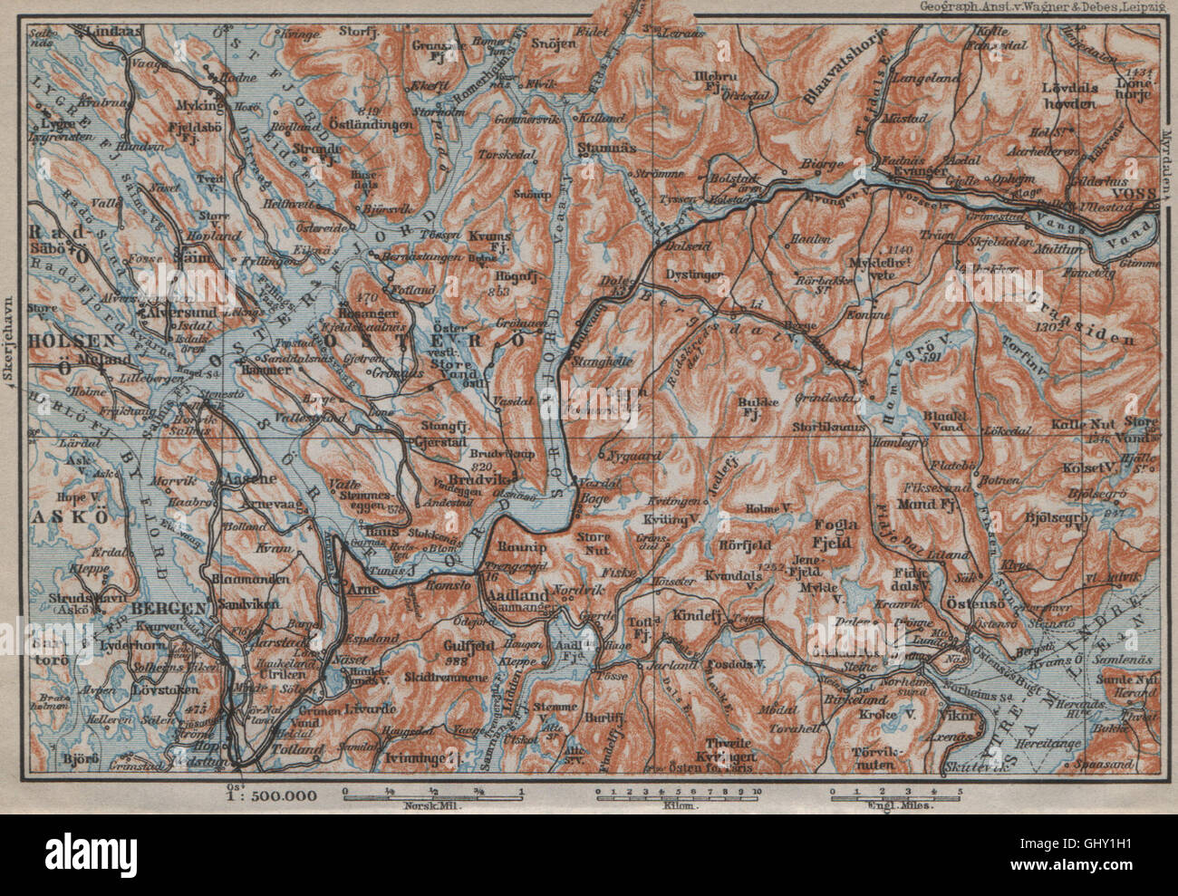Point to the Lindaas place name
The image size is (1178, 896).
tap(111, 30)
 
